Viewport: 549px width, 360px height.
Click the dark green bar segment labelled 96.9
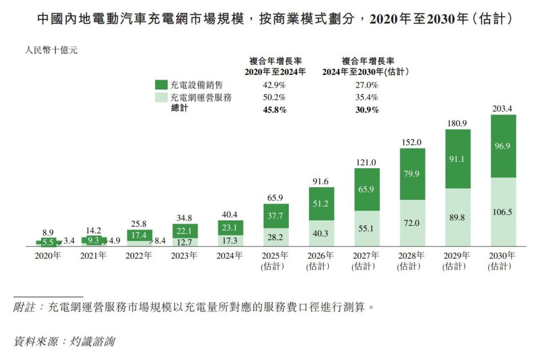pos(503,146)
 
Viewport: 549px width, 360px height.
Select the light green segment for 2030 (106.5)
pos(503,212)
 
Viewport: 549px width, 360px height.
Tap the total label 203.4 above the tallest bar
pos(503,109)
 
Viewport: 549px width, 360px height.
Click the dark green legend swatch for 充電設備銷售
pos(161,85)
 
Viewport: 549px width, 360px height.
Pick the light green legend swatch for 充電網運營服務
pos(161,97)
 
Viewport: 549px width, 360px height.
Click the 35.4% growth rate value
pos(367,97)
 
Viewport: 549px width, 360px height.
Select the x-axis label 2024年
pos(230,256)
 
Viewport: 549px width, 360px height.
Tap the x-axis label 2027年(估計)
pos(367,261)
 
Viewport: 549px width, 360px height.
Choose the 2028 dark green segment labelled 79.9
pos(412,174)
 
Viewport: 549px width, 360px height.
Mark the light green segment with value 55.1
pos(367,228)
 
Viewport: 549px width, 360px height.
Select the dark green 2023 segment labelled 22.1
pos(185,231)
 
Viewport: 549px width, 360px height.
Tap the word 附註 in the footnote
pos(26,308)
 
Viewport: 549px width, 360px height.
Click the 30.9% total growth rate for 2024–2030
pos(367,110)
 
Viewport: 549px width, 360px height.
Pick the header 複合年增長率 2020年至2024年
pos(275,66)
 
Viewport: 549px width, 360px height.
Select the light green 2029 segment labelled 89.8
pos(457,217)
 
